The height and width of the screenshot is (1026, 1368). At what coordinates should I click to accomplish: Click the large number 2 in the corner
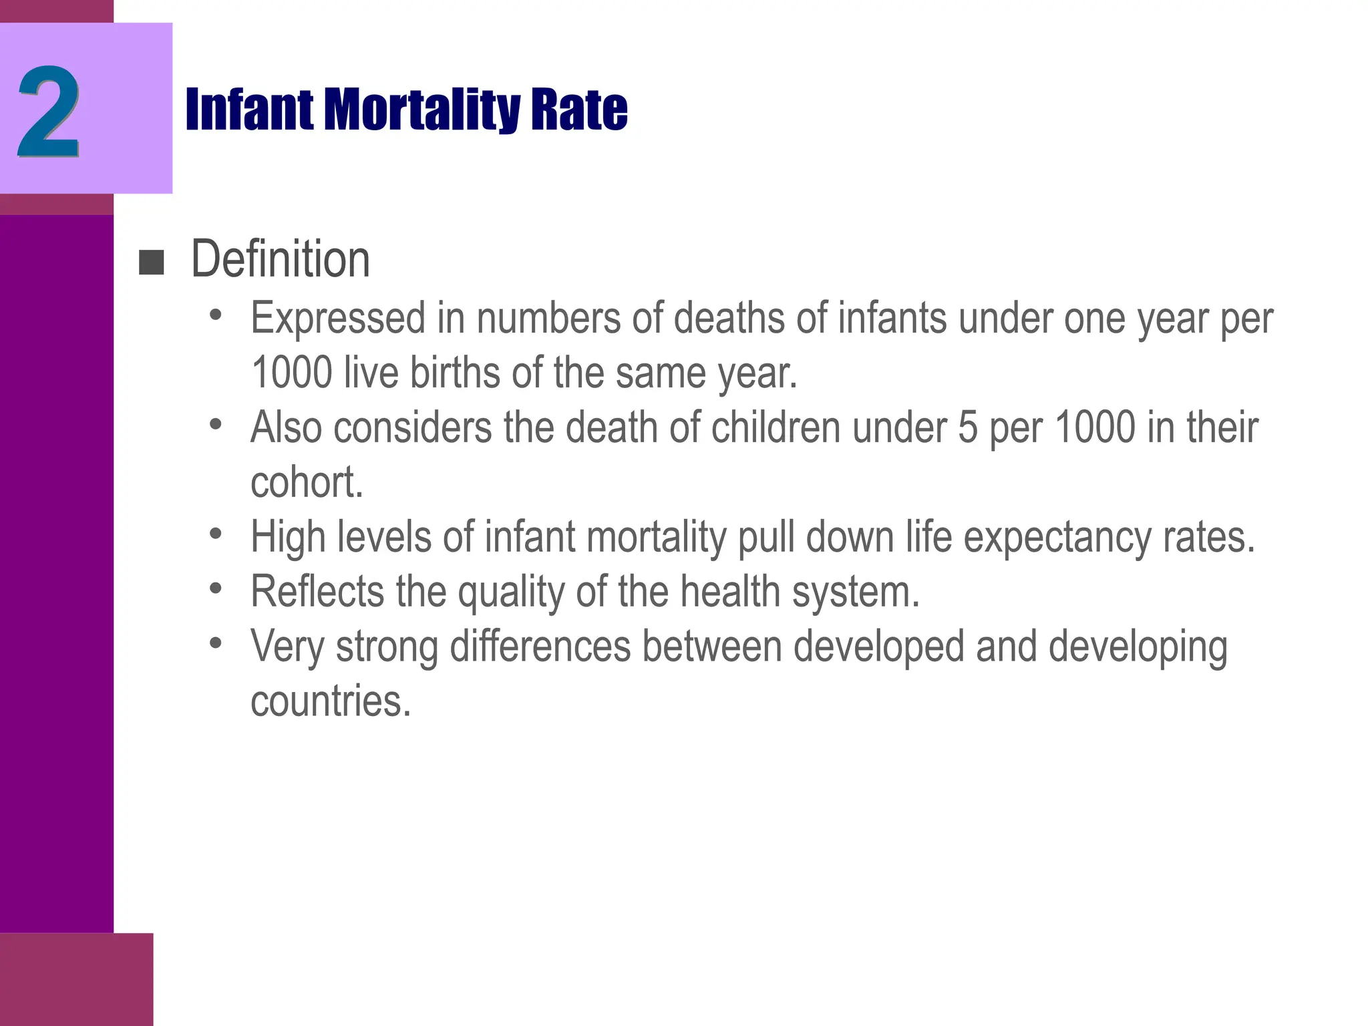click(48, 112)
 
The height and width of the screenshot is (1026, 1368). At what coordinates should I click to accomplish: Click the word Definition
click(280, 259)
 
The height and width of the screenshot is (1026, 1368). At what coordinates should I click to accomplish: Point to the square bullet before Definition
click(151, 263)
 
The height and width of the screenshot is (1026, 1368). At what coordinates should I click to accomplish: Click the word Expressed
click(338, 318)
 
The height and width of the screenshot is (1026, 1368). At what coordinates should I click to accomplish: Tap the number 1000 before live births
click(291, 373)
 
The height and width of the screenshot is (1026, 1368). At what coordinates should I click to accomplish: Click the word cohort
click(307, 482)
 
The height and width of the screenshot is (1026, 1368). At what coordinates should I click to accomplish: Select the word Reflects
click(317, 592)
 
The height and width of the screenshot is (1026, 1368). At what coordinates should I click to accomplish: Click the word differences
click(540, 647)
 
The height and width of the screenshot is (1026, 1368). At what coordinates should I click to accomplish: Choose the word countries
click(331, 701)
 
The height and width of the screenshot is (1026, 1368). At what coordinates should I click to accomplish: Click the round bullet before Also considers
click(215, 424)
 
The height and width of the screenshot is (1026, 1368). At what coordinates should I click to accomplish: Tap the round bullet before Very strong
click(215, 643)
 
